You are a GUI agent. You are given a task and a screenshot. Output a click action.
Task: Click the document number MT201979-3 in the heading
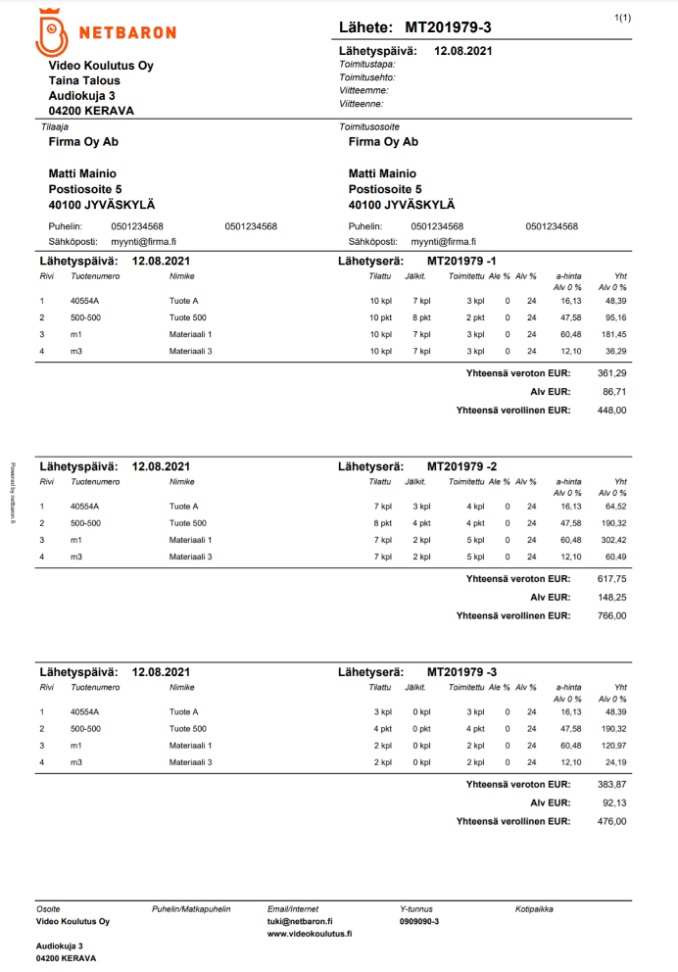click(x=449, y=27)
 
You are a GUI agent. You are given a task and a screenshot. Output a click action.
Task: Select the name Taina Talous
click(x=84, y=81)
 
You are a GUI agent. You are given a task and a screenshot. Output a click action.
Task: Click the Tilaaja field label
click(x=54, y=127)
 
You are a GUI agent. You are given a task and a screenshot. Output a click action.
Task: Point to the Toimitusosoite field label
click(x=368, y=127)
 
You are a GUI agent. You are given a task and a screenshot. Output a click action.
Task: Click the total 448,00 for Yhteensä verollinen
click(x=612, y=411)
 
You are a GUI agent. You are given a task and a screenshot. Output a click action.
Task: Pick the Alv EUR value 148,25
click(x=612, y=597)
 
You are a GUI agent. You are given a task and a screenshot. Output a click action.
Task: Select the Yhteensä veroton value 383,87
click(x=612, y=784)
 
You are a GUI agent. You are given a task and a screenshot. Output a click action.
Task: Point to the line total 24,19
click(x=615, y=761)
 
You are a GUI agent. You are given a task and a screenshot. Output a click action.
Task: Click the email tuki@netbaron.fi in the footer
click(x=300, y=922)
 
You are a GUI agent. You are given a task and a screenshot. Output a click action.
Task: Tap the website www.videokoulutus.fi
click(x=310, y=935)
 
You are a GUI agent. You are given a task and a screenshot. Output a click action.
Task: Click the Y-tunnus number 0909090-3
click(x=419, y=922)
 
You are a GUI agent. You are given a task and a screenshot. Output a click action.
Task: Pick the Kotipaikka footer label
click(x=534, y=909)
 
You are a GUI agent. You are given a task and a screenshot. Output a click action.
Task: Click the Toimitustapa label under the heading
click(x=361, y=64)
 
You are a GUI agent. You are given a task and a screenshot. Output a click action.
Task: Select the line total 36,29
click(x=615, y=350)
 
